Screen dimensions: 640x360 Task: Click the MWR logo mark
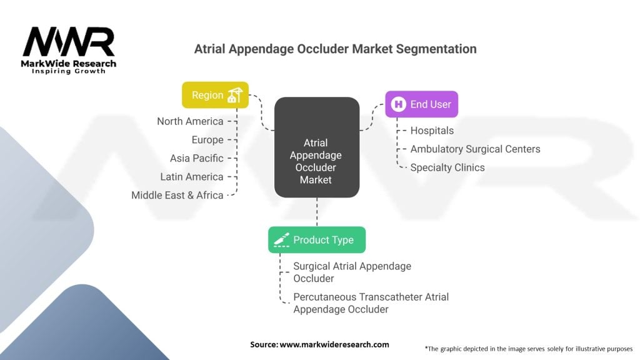click(69, 42)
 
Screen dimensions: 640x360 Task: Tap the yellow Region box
click(215, 95)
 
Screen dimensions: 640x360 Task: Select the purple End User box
click(422, 104)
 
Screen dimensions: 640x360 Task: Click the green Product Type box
click(317, 239)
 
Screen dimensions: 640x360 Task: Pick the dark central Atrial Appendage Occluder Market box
click(317, 147)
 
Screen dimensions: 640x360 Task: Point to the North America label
click(190, 121)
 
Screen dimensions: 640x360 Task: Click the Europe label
click(207, 139)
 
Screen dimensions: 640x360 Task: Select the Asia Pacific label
click(197, 158)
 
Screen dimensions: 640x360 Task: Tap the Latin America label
click(192, 177)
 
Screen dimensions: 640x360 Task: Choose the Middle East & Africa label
click(177, 195)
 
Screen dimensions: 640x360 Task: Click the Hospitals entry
click(432, 131)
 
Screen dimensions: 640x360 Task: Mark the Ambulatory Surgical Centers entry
click(475, 149)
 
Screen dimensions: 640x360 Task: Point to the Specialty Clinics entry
click(447, 167)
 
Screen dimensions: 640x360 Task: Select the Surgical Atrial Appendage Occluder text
click(352, 272)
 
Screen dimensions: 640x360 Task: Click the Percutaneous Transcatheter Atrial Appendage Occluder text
click(371, 303)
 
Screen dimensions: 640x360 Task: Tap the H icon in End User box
click(398, 104)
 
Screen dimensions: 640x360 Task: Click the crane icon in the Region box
click(235, 95)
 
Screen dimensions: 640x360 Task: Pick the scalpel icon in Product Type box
click(281, 239)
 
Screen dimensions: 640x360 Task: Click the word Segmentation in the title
click(436, 49)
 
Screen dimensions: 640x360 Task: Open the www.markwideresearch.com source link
click(334, 344)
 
